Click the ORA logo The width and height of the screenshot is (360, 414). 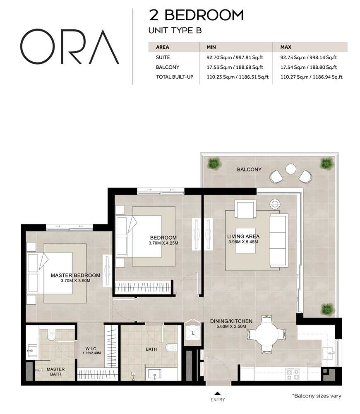70,47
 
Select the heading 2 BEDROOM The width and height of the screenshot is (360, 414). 196,15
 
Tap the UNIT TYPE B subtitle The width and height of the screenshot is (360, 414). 175,30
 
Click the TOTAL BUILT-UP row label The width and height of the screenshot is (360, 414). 175,77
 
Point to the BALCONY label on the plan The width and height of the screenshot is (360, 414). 249,169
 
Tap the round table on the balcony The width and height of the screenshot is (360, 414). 291,169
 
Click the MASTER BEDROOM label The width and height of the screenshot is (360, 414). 75,275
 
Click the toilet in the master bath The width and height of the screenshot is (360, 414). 51,334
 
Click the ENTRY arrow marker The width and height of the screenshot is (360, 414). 217,394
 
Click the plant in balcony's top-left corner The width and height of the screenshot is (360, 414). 213,163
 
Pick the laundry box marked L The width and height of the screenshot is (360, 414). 192,331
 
